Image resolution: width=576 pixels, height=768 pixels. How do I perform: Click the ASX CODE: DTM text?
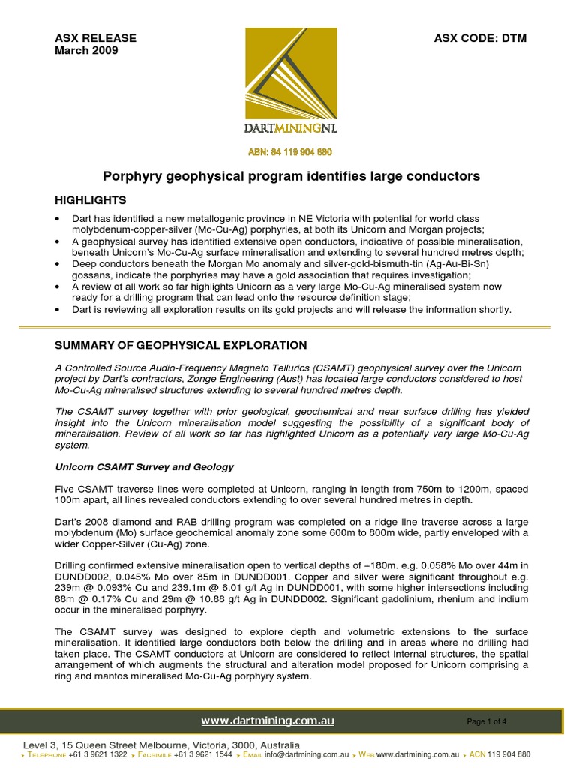[481, 38]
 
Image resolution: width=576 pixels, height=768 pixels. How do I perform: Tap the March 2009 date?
[86, 51]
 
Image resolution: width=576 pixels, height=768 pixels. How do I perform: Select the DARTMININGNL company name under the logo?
[290, 128]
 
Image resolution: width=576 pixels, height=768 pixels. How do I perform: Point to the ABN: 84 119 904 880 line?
[290, 152]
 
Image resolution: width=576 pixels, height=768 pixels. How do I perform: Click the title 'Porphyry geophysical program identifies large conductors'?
[290, 176]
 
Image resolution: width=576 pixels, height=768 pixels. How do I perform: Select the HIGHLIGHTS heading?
[91, 200]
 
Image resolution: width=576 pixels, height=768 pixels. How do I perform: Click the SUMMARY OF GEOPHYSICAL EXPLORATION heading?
[181, 345]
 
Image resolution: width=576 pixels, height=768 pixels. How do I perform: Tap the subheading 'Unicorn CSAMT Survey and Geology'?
[145, 466]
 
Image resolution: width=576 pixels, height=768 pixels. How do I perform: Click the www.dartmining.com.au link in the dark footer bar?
[268, 721]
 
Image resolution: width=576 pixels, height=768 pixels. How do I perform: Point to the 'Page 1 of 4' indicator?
[486, 722]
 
